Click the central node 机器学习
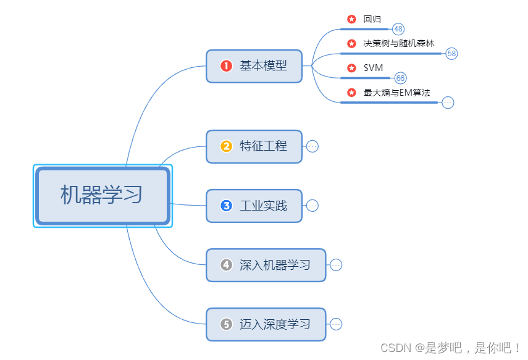pos(102,195)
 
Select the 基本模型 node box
pos(254,65)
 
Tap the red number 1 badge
pos(226,65)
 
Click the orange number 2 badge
pos(226,146)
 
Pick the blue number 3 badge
pos(226,206)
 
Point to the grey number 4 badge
pos(226,265)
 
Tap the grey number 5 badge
pos(226,324)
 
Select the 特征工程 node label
pos(263,146)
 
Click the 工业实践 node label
pos(263,206)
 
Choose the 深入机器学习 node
pos(275,265)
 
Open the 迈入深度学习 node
pos(275,324)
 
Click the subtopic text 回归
pos(372,19)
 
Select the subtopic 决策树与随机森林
pos(399,43)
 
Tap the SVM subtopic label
pos(374,67)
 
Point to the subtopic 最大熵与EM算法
pos(397,93)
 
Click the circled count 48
pos(398,29)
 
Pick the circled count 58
pos(451,54)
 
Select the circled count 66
pos(400,78)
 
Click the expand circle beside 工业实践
pos(312,206)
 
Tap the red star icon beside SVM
pos(351,67)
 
